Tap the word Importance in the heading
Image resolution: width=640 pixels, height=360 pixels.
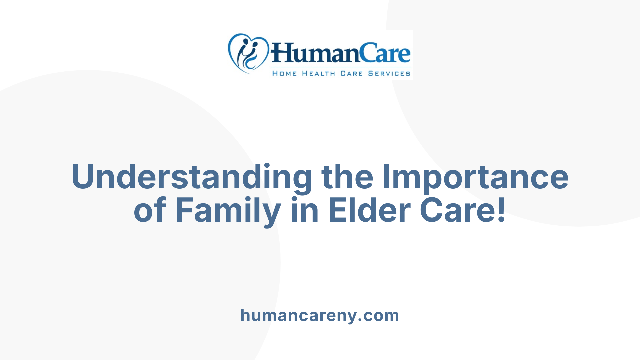click(475, 177)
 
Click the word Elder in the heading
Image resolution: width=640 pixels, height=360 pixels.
click(369, 210)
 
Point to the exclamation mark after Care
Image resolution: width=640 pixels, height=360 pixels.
click(501, 210)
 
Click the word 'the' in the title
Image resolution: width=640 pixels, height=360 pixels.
click(347, 177)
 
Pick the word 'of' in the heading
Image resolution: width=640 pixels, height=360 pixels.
click(150, 210)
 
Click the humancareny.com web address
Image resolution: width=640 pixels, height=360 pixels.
click(320, 315)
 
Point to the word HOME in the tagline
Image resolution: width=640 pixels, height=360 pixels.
click(284, 73)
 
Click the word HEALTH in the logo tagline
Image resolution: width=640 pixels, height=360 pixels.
click(318, 73)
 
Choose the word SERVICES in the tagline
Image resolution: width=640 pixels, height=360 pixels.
click(389, 73)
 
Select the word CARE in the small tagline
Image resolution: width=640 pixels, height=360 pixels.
click(351, 73)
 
